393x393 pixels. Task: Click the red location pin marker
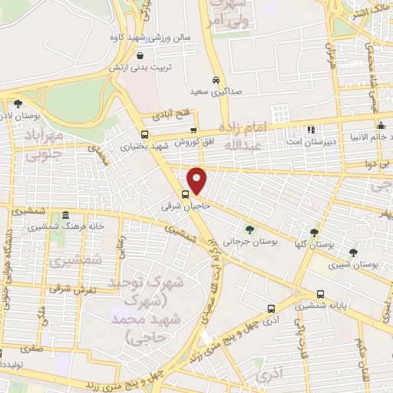pos(197,181)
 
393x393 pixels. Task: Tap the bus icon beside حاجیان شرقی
pos(186,193)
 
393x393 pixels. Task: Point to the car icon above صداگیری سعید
pos(216,80)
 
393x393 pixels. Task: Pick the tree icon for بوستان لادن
pos(18,104)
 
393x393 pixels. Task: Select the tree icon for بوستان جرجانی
pos(249,230)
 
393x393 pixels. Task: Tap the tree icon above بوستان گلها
pos(313,232)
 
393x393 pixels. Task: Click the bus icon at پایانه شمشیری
pos(319,294)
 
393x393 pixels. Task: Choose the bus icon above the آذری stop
pos(270,309)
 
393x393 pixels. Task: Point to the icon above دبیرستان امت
pos(310,129)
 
